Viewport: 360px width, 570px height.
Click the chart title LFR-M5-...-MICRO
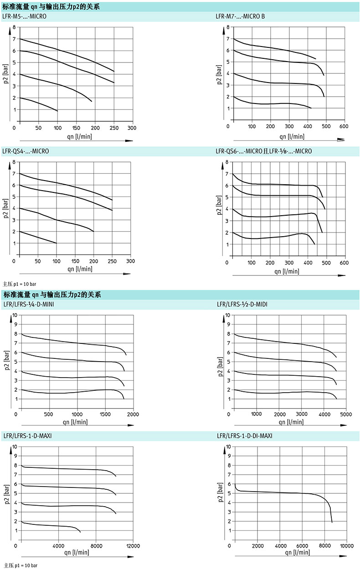point(24,17)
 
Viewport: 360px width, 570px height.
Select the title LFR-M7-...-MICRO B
point(240,17)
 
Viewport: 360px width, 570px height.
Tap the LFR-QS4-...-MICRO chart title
point(26,151)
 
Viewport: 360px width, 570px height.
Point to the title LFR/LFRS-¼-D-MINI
point(29,304)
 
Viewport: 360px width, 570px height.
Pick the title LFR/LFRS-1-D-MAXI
point(27,436)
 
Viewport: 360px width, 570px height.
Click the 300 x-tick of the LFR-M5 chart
point(131,128)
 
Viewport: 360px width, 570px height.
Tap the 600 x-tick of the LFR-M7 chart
point(344,126)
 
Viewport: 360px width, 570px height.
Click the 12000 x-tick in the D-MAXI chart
point(133,546)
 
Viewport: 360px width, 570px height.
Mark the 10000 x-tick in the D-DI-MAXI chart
point(346,546)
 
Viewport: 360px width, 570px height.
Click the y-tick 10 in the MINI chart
point(15,315)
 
